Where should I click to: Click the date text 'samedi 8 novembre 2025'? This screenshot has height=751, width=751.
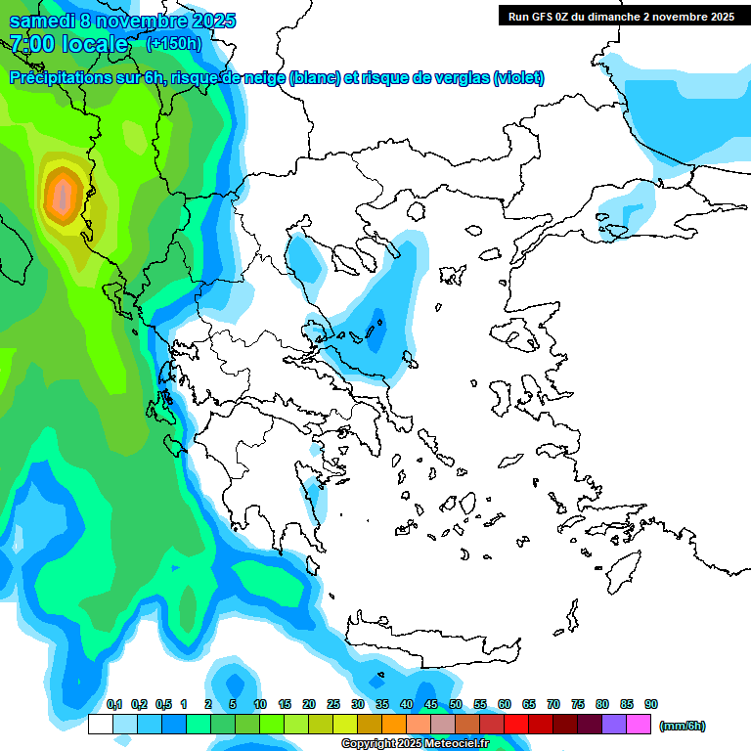122,21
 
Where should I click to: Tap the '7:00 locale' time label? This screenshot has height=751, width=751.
68,44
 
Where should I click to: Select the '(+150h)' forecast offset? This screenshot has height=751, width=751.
173,43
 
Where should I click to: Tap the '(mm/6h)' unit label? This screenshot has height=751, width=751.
682,726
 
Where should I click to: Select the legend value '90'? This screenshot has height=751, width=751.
651,704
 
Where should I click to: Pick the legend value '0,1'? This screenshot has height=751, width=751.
114,704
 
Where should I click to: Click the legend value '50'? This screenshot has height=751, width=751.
456,704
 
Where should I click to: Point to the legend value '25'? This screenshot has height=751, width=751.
333,704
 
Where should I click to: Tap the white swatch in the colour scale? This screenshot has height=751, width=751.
100,725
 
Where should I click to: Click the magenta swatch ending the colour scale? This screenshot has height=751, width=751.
639,725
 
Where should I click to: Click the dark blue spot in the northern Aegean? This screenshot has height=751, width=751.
377,319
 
